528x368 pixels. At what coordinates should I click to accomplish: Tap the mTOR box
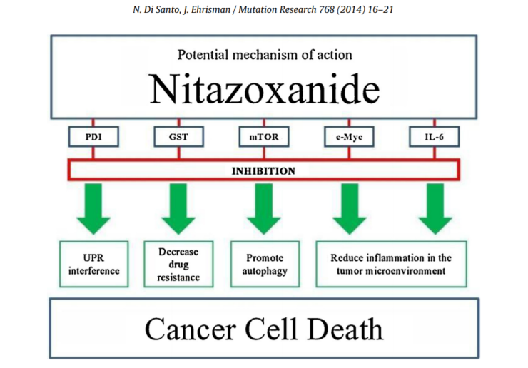(x=263, y=136)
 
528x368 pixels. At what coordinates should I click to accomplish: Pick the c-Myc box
(x=349, y=136)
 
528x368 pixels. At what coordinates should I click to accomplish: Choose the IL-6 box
(x=432, y=136)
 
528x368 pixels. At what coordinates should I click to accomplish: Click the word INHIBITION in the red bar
(x=263, y=170)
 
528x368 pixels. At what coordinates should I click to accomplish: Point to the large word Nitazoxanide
(x=263, y=90)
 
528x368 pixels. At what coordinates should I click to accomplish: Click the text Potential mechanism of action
(x=263, y=54)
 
